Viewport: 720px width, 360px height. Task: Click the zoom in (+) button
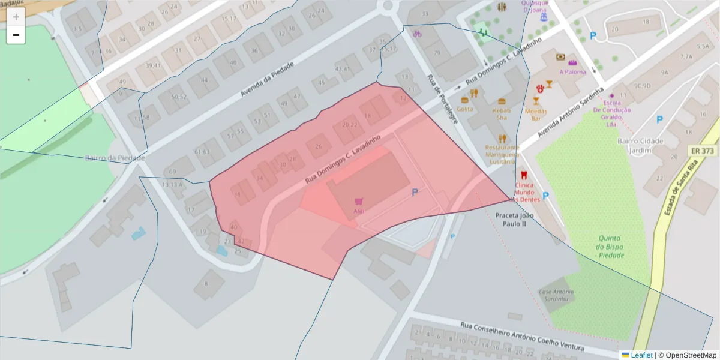click(16, 17)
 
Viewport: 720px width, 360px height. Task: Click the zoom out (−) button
click(16, 35)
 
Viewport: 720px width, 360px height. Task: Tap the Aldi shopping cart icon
click(359, 202)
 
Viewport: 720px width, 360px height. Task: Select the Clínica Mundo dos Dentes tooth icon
click(523, 175)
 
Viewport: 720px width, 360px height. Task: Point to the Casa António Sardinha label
click(556, 295)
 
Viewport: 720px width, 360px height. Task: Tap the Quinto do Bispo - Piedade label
click(611, 246)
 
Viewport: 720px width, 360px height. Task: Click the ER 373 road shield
click(703, 150)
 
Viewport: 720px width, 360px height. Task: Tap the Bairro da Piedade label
click(115, 158)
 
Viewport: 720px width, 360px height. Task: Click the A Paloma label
click(572, 72)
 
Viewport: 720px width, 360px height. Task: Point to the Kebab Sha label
click(502, 114)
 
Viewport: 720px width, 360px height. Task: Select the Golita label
click(464, 109)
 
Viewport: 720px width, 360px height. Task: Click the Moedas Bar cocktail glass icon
click(536, 101)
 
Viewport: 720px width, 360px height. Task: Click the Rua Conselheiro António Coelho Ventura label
click(530, 334)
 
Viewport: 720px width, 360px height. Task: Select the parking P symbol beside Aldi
click(414, 193)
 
